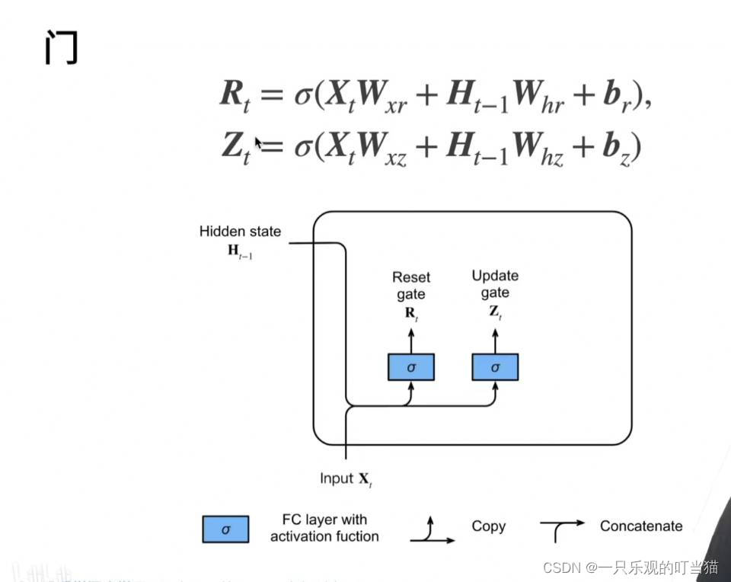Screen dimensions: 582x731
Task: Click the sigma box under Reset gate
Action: tap(411, 367)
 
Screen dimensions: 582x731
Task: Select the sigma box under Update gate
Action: tap(495, 367)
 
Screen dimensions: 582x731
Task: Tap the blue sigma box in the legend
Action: tap(225, 528)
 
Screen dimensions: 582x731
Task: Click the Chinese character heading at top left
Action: tap(60, 48)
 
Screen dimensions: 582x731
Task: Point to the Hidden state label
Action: tap(240, 232)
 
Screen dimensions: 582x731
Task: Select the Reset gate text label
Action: tap(410, 286)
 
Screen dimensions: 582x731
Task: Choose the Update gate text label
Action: tap(495, 283)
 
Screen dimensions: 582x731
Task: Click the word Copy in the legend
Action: tap(488, 526)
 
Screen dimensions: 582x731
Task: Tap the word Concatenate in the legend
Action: tap(641, 526)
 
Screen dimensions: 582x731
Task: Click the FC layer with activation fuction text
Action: tap(324, 528)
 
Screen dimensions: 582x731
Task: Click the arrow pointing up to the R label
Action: tap(411, 341)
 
